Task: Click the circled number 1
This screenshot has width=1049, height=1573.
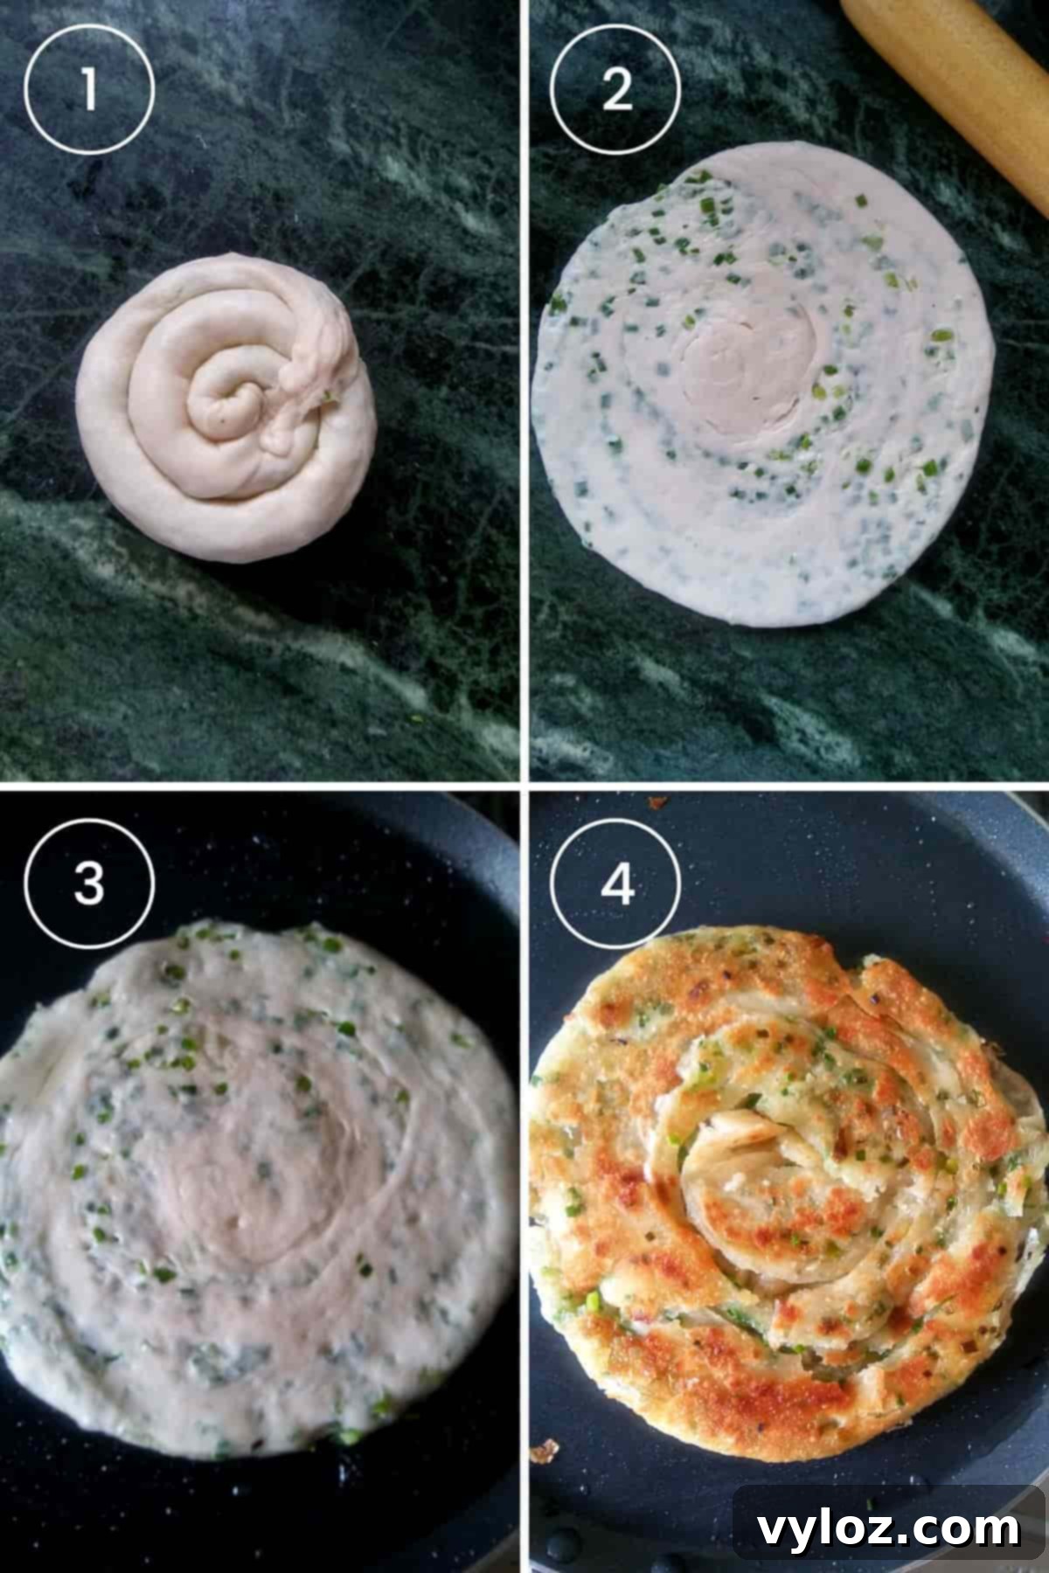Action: point(89,89)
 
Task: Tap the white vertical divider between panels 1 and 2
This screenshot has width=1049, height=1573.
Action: point(524,393)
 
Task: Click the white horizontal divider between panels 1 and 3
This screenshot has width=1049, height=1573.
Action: point(262,784)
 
